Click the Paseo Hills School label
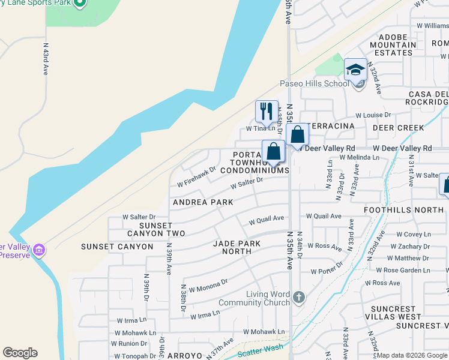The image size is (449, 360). (314, 83)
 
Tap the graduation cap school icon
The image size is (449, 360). (355, 69)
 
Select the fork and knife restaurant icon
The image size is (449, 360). (267, 111)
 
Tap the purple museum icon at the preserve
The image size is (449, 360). (40, 250)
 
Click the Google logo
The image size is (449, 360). (20, 353)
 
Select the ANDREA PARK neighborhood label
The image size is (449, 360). (203, 202)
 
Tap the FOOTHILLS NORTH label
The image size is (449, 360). (403, 210)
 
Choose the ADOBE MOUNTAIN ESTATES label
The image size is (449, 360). (393, 45)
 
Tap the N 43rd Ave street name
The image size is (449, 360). (45, 58)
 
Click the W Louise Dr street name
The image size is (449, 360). (373, 115)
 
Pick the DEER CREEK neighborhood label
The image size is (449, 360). (398, 128)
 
